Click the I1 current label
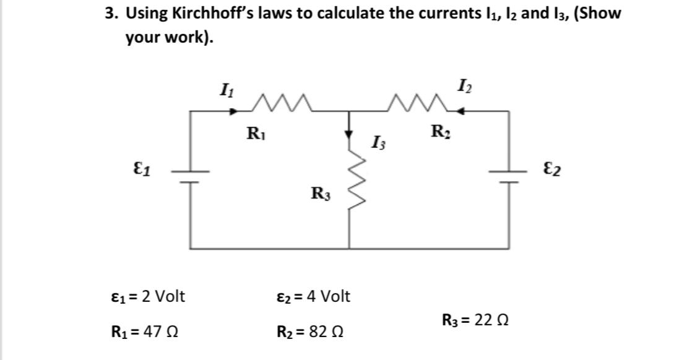click(x=226, y=90)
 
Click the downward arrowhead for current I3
click(x=350, y=134)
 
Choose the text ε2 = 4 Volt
click(x=313, y=296)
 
